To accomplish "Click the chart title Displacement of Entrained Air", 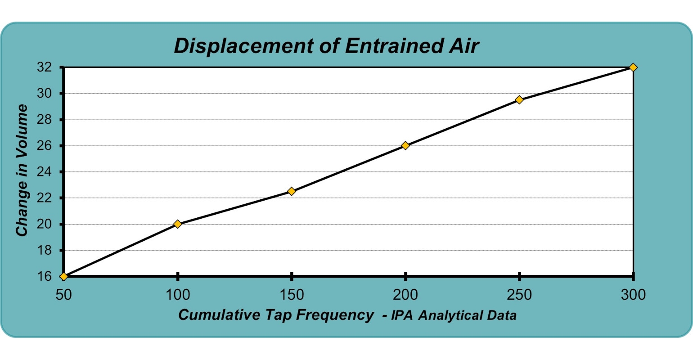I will (326, 46).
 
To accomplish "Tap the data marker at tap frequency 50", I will (64, 276).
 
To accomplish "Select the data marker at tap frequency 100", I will (178, 224).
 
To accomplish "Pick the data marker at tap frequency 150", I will (292, 191).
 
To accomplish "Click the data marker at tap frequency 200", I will (405, 145).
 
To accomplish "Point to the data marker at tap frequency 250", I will (519, 99).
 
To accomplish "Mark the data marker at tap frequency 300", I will (633, 67).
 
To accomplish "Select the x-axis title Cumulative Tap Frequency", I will (275, 315).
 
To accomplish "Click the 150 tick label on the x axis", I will (292, 295).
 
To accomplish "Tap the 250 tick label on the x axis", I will (519, 295).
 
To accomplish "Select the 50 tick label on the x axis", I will (64, 295).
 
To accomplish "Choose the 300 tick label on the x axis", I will (633, 295).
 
